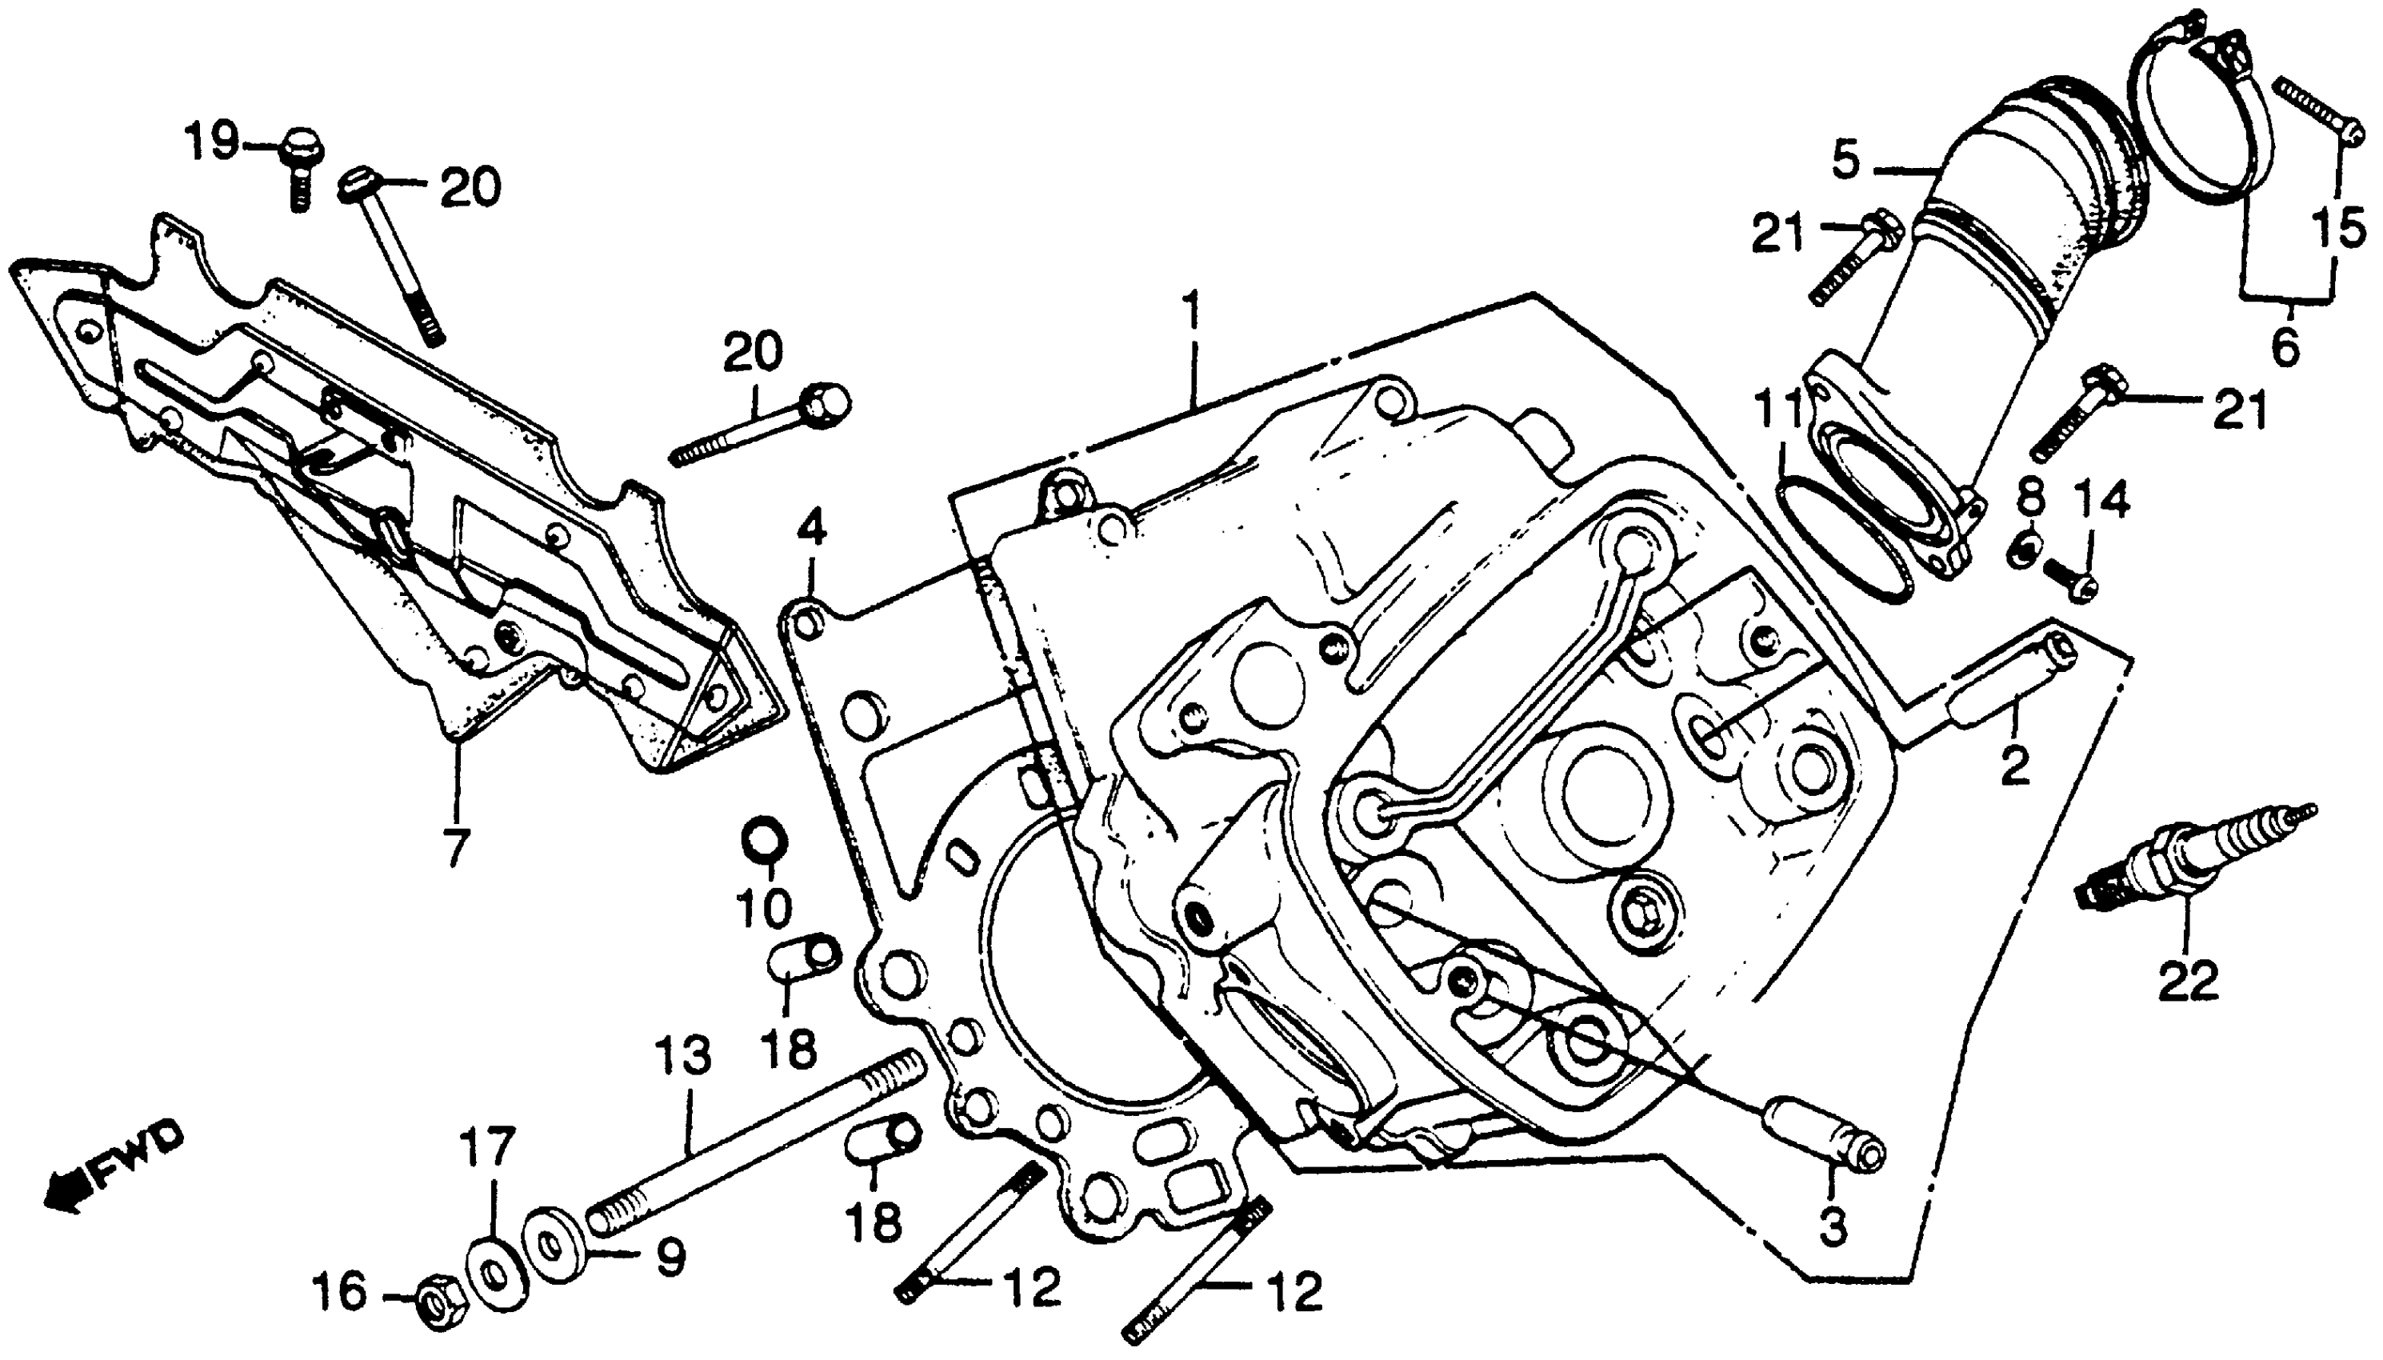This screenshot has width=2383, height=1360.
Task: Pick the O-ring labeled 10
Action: tap(764, 841)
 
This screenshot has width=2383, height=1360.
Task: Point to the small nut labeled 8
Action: tap(2021, 550)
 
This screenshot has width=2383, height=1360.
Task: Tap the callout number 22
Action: tap(2189, 981)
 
